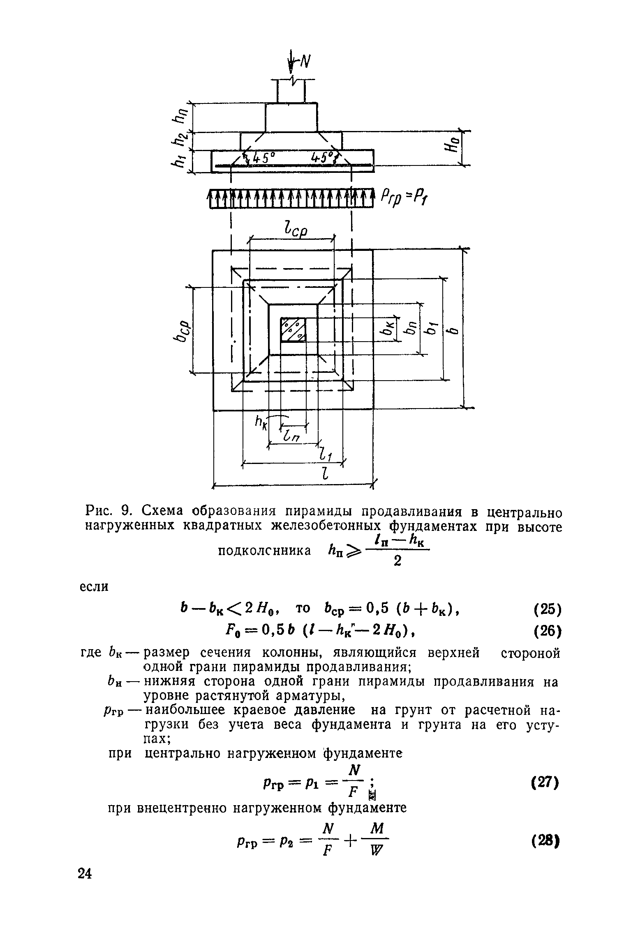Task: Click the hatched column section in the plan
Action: point(293,329)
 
